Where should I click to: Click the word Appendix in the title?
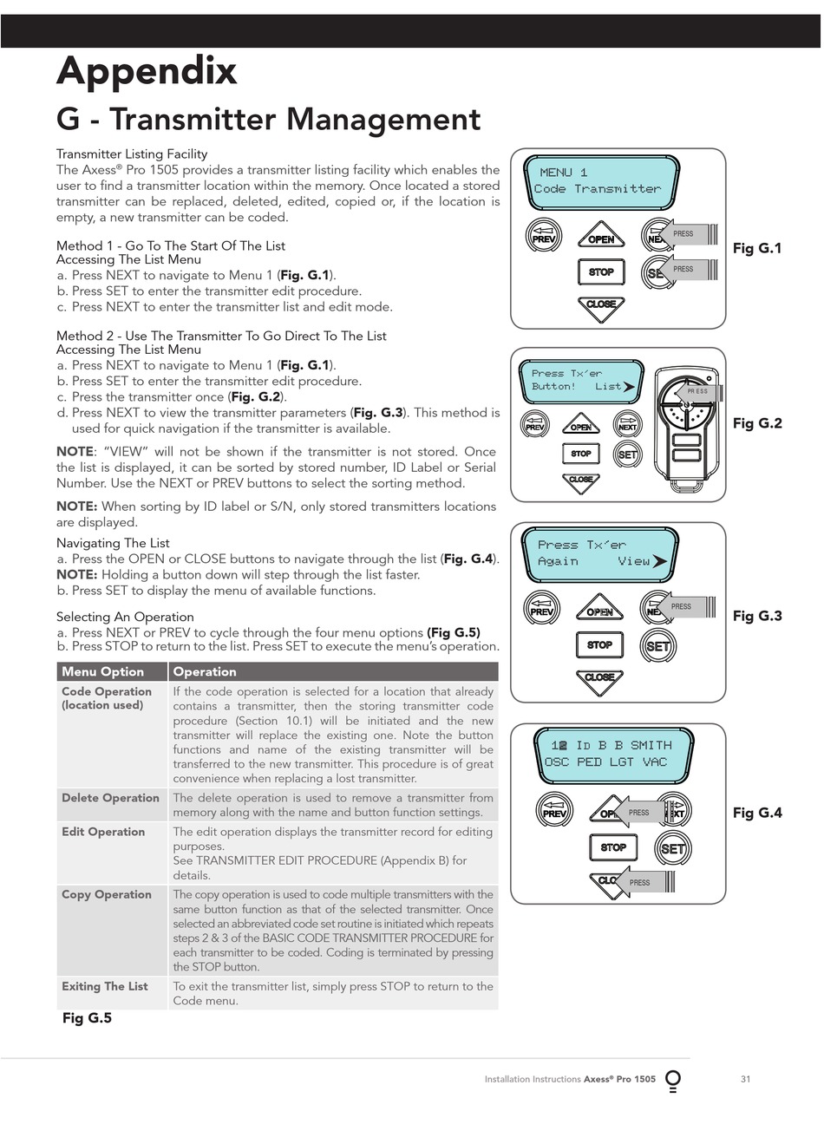point(146,71)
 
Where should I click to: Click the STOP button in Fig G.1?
point(601,271)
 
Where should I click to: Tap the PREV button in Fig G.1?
point(544,236)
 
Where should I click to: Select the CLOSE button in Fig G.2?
point(581,480)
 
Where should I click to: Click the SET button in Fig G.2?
point(627,454)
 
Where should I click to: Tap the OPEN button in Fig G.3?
point(599,609)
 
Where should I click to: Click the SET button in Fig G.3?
point(657,646)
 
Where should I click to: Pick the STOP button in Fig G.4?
point(613,847)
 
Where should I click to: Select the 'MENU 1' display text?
point(564,173)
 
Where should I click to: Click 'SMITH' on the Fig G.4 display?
point(651,745)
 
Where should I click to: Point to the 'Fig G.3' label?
point(757,616)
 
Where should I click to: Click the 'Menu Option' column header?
point(102,671)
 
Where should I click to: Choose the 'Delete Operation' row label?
point(110,798)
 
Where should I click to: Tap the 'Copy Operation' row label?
point(106,894)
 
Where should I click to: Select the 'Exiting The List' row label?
point(104,986)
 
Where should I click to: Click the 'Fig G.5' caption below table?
point(87,1018)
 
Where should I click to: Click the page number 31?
point(745,1079)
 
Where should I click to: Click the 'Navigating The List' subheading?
point(113,543)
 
